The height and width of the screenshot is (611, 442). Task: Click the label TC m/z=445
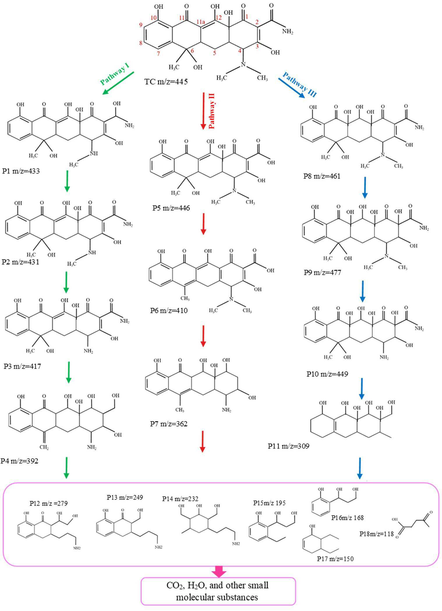coord(166,81)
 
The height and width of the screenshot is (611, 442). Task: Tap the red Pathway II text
coord(211,111)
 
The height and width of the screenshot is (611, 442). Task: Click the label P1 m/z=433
coord(21,171)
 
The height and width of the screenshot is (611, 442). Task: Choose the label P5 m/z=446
coord(171,208)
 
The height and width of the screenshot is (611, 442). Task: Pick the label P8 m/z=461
coord(322,176)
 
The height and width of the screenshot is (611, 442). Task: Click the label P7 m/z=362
coord(169,424)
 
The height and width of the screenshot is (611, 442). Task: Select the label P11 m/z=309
coord(289,446)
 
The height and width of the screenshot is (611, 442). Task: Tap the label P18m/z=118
coord(376,534)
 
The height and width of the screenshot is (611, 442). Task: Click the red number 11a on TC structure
coord(201,22)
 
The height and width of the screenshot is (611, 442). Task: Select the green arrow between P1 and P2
coord(67,181)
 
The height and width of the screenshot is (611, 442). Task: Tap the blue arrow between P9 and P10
coord(363,291)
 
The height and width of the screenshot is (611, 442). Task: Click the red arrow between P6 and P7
coord(203,336)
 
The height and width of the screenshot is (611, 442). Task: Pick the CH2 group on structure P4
coord(44,447)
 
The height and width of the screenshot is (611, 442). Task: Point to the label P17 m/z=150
coord(335,558)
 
